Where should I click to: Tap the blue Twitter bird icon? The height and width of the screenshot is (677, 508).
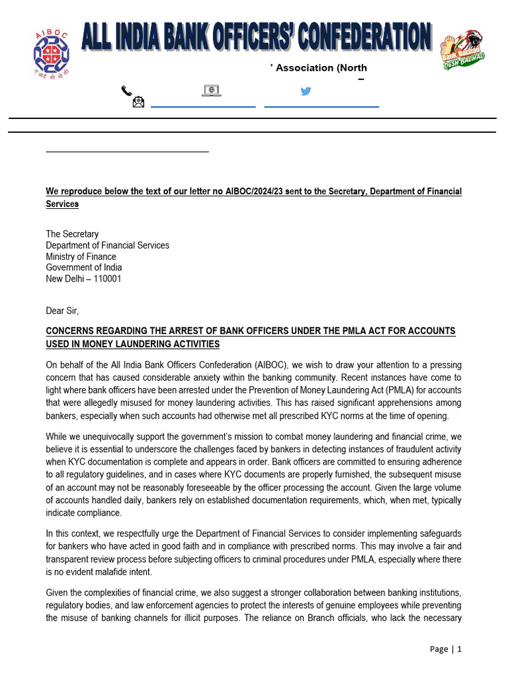pos(306,91)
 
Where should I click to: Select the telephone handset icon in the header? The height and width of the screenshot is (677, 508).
pos(126,91)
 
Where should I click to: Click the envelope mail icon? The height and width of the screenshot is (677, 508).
pos(139,102)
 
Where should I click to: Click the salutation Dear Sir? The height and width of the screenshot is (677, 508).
pos(62,310)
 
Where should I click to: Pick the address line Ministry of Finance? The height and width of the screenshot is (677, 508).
pos(81,257)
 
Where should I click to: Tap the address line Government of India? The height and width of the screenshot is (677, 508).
pos(83,268)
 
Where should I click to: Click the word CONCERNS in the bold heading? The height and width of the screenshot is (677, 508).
pos(71,331)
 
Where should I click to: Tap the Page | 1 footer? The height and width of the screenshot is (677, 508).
pos(445,649)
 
